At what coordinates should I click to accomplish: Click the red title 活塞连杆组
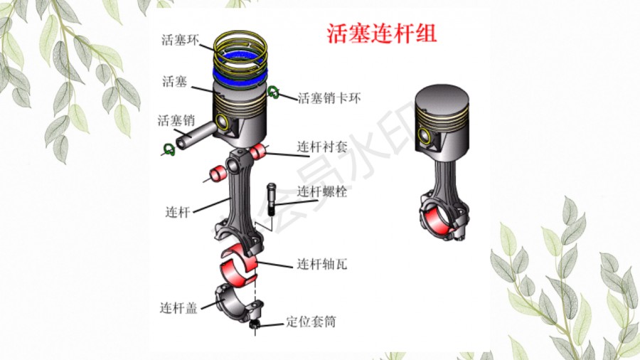(382, 33)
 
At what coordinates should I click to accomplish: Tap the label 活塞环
(181, 40)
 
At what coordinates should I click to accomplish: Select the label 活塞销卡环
(329, 98)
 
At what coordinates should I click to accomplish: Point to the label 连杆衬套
(322, 147)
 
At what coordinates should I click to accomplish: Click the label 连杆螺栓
(322, 191)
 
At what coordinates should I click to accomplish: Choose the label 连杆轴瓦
(322, 264)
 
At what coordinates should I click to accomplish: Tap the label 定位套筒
(311, 322)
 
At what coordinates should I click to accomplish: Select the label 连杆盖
(178, 307)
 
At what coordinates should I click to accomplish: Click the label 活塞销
(176, 120)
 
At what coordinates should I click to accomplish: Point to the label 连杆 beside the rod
(178, 212)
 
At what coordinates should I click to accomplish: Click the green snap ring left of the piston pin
(169, 149)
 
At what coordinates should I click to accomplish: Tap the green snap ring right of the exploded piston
(274, 92)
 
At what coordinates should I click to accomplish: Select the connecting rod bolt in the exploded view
(272, 199)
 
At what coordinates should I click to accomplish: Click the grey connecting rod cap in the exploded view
(237, 302)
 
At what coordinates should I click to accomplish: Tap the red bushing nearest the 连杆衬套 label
(258, 152)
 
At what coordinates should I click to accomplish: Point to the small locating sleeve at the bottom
(255, 324)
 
